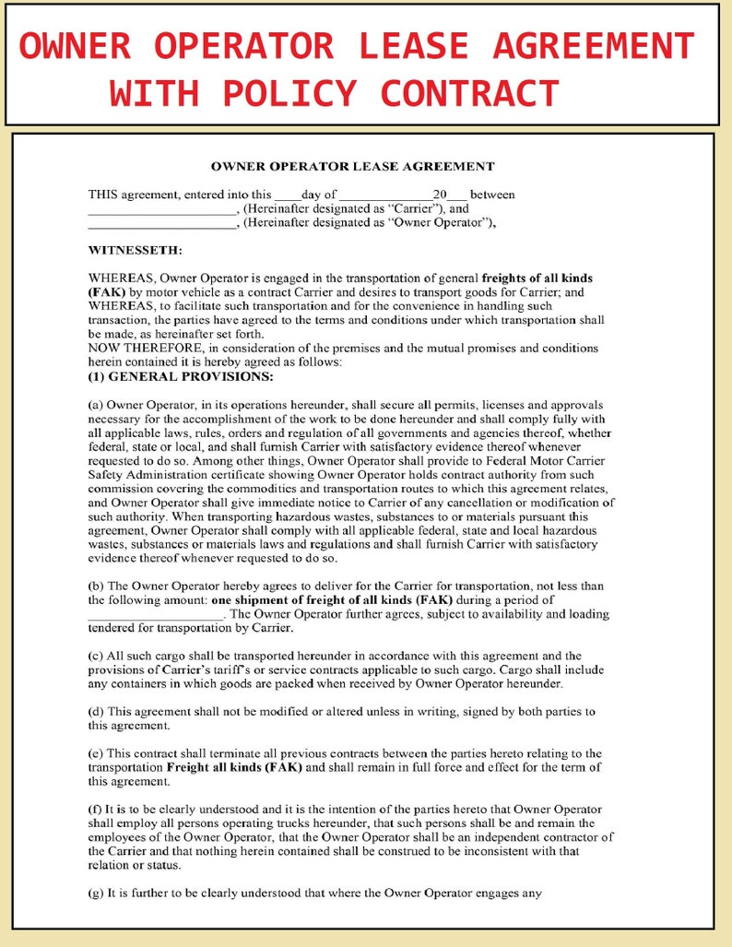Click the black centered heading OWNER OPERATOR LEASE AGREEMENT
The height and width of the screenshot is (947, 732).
point(352,167)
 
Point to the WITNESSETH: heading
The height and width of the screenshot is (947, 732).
point(135,250)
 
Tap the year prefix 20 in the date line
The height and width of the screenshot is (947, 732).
point(440,195)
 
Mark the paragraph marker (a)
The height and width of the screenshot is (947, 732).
point(96,405)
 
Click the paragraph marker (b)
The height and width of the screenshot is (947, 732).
point(96,586)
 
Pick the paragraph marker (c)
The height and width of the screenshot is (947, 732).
point(96,656)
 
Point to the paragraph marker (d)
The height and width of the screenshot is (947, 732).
point(96,712)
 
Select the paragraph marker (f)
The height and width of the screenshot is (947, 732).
point(96,809)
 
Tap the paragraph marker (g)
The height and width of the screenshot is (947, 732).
point(96,892)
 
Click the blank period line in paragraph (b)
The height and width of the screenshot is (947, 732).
point(156,614)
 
